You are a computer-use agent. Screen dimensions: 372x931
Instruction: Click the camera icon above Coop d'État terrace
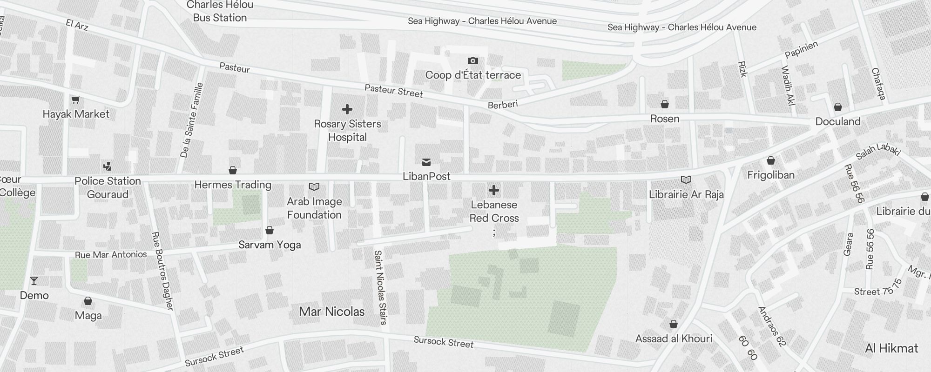click(472, 60)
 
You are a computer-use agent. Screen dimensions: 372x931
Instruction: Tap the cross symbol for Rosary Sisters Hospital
click(347, 109)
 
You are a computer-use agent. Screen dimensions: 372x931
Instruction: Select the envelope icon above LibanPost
click(426, 162)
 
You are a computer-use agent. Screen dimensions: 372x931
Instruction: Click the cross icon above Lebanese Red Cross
click(494, 190)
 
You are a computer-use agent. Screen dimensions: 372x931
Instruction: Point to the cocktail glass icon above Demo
click(34, 280)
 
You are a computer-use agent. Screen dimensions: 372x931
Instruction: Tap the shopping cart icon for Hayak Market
click(75, 100)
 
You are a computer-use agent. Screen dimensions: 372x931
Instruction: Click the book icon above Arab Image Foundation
click(314, 187)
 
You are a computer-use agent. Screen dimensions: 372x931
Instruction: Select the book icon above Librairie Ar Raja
click(686, 179)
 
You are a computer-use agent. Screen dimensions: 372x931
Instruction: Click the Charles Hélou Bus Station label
click(220, 11)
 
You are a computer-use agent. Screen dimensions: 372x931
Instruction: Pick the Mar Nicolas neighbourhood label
click(331, 312)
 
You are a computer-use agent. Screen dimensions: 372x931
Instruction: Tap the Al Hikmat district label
click(891, 348)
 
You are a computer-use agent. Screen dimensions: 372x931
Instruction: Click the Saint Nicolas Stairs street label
click(380, 287)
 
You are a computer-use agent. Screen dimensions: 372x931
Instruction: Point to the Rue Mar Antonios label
click(111, 254)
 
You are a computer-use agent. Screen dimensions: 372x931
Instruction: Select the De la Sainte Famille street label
click(191, 120)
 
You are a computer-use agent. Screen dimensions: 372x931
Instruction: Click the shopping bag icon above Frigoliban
click(771, 160)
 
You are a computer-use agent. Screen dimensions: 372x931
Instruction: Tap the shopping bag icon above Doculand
click(838, 107)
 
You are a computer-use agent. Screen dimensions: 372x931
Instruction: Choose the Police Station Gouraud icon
click(108, 166)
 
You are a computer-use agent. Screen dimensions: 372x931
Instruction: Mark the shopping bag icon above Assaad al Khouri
click(673, 324)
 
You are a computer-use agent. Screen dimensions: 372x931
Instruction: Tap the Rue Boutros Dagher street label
click(162, 271)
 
